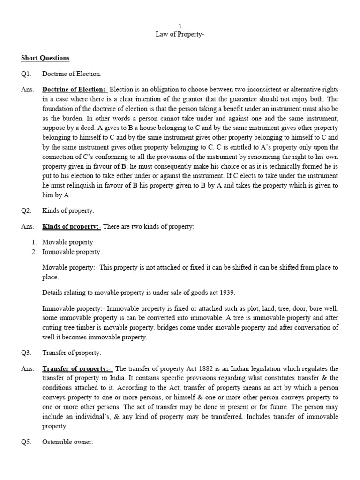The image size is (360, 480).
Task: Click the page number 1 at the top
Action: click(180, 26)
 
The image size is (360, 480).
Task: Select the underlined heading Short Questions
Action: click(45, 58)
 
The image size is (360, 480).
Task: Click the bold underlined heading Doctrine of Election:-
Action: click(75, 89)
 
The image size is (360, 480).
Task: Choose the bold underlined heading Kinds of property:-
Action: click(71, 227)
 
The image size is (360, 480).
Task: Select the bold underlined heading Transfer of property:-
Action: click(77, 368)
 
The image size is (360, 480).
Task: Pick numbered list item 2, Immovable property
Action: click(71, 252)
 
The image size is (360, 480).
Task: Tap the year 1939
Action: click(226, 292)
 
